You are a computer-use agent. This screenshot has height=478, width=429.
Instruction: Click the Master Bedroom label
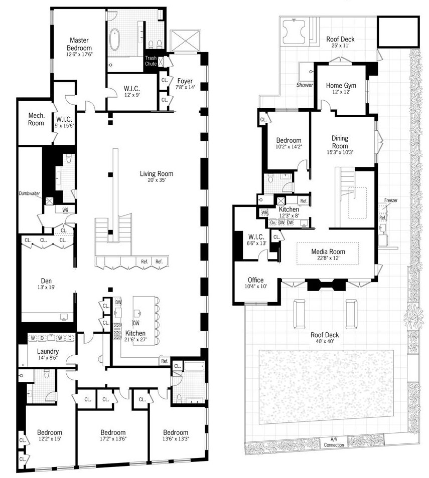tap(79, 44)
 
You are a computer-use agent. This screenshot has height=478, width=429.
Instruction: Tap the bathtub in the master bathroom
tap(115, 39)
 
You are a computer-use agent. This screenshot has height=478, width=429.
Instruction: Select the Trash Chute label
tap(151, 61)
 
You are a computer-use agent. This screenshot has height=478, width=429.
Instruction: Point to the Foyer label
tap(185, 81)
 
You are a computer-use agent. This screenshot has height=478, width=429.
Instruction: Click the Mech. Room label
tap(36, 119)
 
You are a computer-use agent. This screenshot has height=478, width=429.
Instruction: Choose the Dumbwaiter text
tap(29, 193)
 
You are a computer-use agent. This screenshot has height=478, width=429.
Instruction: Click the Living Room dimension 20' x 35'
tap(157, 180)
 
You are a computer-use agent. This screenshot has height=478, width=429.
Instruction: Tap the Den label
tap(46, 281)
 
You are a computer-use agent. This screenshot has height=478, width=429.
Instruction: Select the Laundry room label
tap(48, 351)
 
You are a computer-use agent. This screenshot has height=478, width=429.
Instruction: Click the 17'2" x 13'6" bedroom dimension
tap(113, 439)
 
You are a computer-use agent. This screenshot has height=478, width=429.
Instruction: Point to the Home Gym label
tap(341, 85)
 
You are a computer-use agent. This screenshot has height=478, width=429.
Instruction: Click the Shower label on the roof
tap(305, 85)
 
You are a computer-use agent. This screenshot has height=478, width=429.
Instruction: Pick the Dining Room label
tap(340, 142)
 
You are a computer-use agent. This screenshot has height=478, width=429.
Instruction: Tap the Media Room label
tap(328, 252)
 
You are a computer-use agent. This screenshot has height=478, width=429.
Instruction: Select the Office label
tap(255, 280)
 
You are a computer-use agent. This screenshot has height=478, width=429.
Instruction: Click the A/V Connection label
tap(334, 442)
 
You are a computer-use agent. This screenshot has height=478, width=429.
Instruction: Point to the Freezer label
tap(391, 200)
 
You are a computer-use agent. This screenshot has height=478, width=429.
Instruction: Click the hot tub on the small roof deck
tap(294, 32)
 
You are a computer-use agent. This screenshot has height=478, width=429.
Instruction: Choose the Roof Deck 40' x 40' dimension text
tap(325, 341)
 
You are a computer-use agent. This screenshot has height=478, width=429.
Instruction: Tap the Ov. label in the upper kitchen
tap(272, 222)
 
